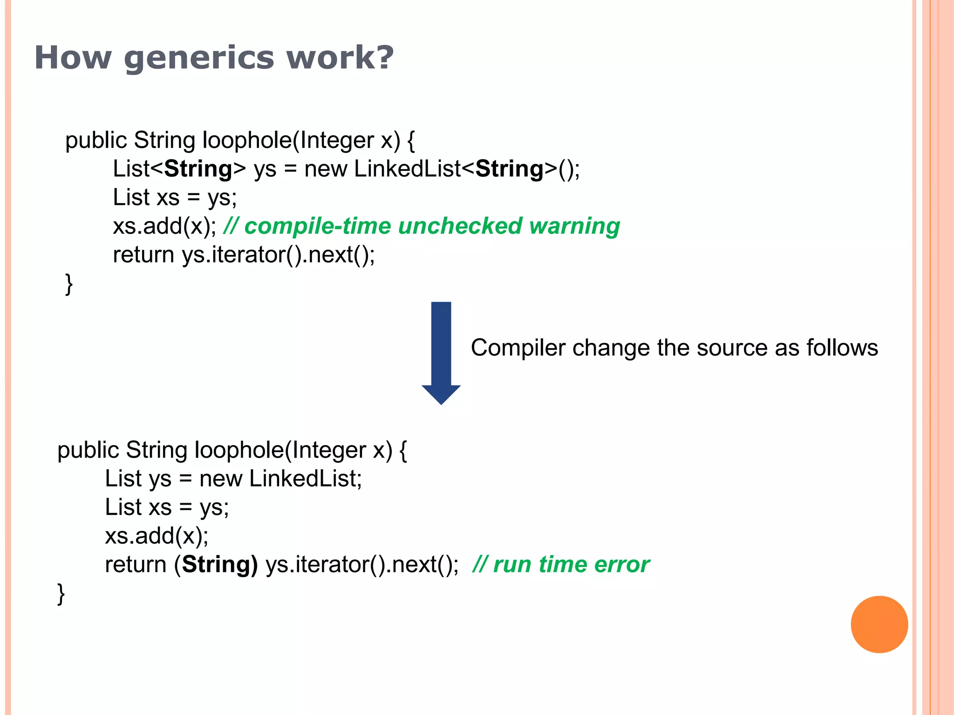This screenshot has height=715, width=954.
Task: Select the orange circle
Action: [x=879, y=624]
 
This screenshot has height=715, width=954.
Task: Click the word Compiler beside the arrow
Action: [x=518, y=348]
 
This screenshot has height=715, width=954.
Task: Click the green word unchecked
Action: [x=460, y=226]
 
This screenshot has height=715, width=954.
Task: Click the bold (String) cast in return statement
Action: [x=216, y=565]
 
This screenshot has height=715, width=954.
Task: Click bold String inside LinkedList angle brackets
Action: [x=509, y=169]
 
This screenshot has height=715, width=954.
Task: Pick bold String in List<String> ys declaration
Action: [x=198, y=169]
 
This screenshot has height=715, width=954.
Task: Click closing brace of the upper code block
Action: [x=69, y=283]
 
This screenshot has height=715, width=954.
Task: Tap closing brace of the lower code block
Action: [x=61, y=594]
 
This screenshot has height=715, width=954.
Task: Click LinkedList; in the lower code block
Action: [x=305, y=479]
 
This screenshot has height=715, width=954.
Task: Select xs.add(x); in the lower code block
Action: [x=157, y=536]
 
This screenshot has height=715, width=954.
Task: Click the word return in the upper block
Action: [x=143, y=255]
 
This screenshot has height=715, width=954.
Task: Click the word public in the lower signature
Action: [x=88, y=450]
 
